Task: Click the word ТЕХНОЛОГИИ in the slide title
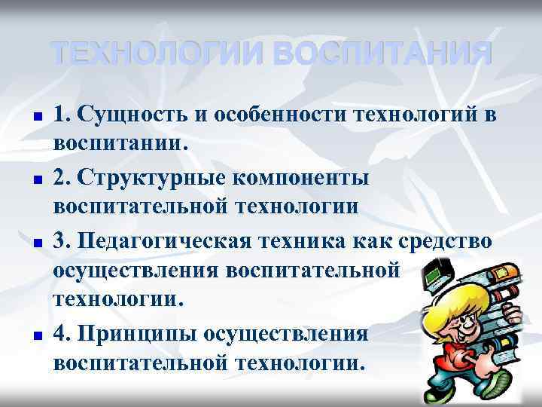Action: click(154, 54)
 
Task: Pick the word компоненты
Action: click(310, 179)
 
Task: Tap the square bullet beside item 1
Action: click(35, 119)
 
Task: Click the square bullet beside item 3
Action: click(35, 245)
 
